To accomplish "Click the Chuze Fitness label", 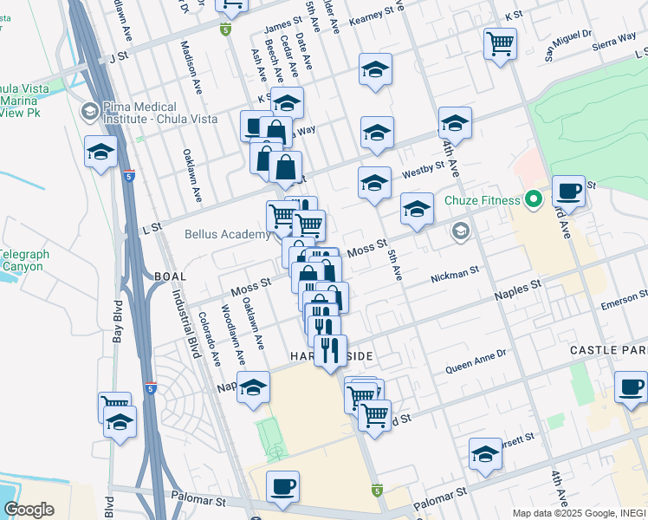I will click(484, 201).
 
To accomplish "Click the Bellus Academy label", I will click(228, 234).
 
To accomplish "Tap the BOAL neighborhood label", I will click(170, 276).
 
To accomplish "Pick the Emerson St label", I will click(623, 302).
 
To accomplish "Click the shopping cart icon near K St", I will click(500, 42).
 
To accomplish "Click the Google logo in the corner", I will click(29, 510).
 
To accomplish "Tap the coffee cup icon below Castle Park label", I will click(631, 387).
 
